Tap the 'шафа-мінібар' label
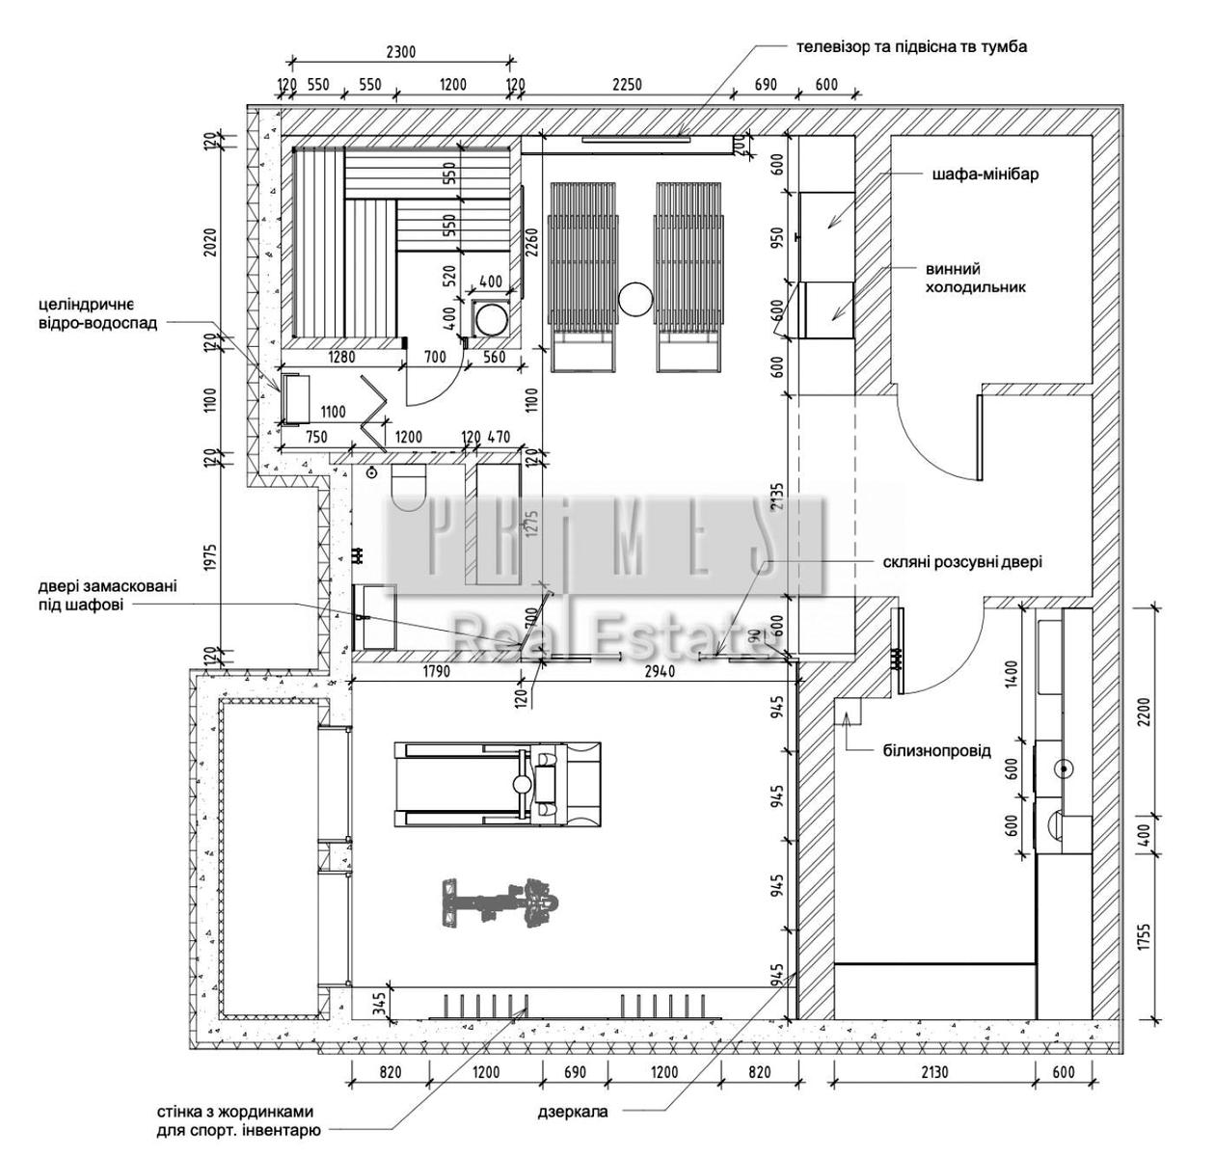coord(985,175)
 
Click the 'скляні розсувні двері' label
coord(962,562)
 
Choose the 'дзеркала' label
coord(573,1112)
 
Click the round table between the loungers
coord(635,300)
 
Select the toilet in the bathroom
coord(409,488)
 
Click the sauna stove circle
coord(494,317)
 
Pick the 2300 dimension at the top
coord(398,53)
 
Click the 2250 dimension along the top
coord(627,86)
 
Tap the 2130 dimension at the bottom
coord(933,1073)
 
